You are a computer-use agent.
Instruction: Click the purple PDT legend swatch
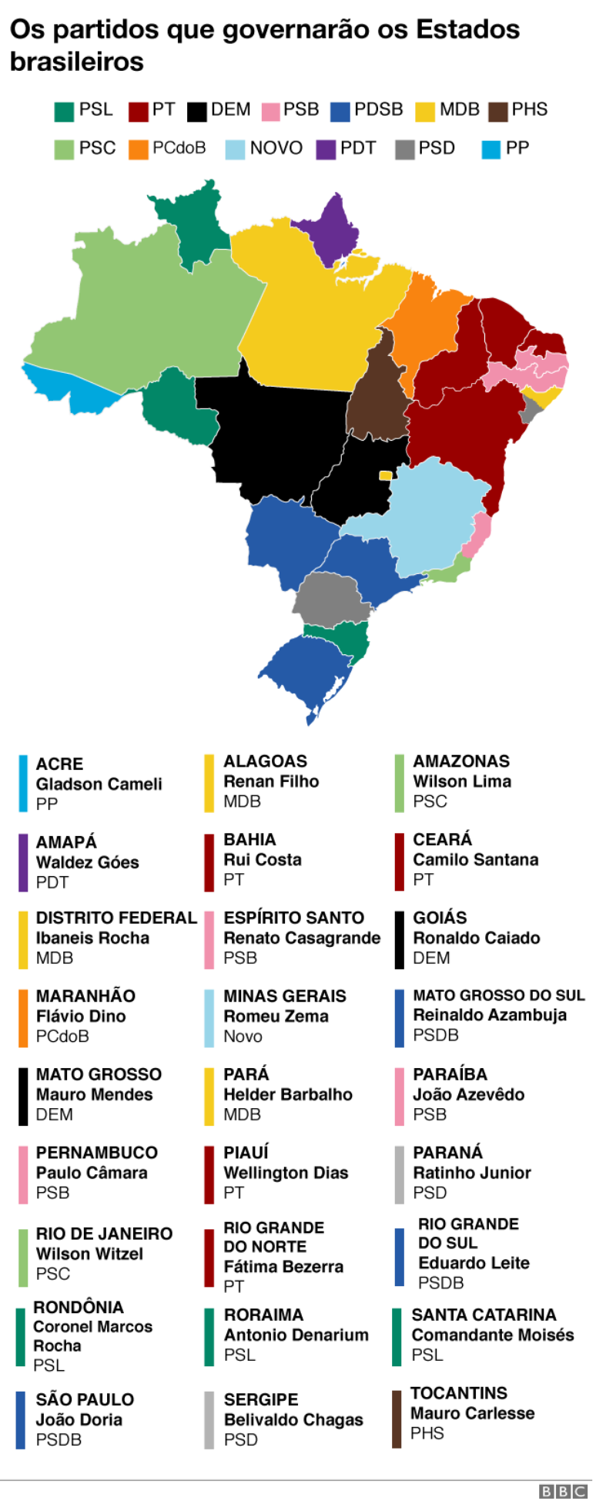click(326, 149)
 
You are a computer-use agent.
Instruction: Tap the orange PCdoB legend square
click(139, 149)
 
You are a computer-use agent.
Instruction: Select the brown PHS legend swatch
click(499, 111)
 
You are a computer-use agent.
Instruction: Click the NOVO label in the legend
click(276, 148)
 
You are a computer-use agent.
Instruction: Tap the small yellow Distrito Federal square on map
click(385, 475)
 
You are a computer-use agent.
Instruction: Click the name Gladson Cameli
click(99, 784)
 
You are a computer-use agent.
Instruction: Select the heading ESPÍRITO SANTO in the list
click(293, 918)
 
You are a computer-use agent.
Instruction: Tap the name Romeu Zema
click(276, 1016)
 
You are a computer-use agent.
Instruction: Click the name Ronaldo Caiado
click(476, 938)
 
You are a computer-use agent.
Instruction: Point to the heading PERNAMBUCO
click(96, 1153)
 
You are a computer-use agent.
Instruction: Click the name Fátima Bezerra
click(283, 1267)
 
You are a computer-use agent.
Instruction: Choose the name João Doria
click(79, 1419)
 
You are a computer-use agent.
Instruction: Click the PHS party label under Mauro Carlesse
click(427, 1433)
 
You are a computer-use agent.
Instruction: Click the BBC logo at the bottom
click(562, 1492)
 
